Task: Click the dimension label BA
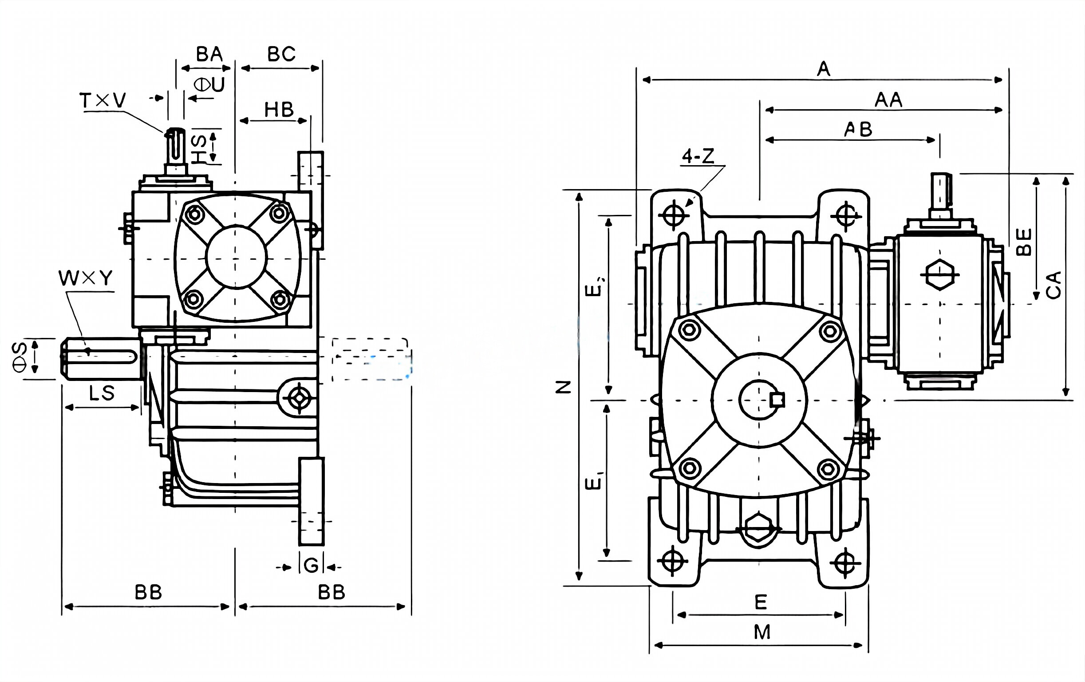pyautogui.click(x=209, y=55)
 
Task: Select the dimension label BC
pyautogui.click(x=281, y=55)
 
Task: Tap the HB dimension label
pyautogui.click(x=279, y=110)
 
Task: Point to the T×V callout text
pyautogui.click(x=103, y=100)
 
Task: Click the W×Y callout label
pyautogui.click(x=86, y=278)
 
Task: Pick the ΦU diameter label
pyautogui.click(x=209, y=85)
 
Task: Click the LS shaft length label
pyautogui.click(x=102, y=393)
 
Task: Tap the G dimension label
pyautogui.click(x=311, y=566)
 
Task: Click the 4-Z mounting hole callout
pyautogui.click(x=698, y=156)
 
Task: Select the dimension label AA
pyautogui.click(x=888, y=100)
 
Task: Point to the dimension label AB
pyautogui.click(x=858, y=130)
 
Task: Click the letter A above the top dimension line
pyautogui.click(x=823, y=69)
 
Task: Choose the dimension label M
pyautogui.click(x=762, y=632)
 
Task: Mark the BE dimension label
pyautogui.click(x=1024, y=242)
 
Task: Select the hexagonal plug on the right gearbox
pyautogui.click(x=939, y=275)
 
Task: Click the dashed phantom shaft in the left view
pyautogui.click(x=371, y=359)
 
